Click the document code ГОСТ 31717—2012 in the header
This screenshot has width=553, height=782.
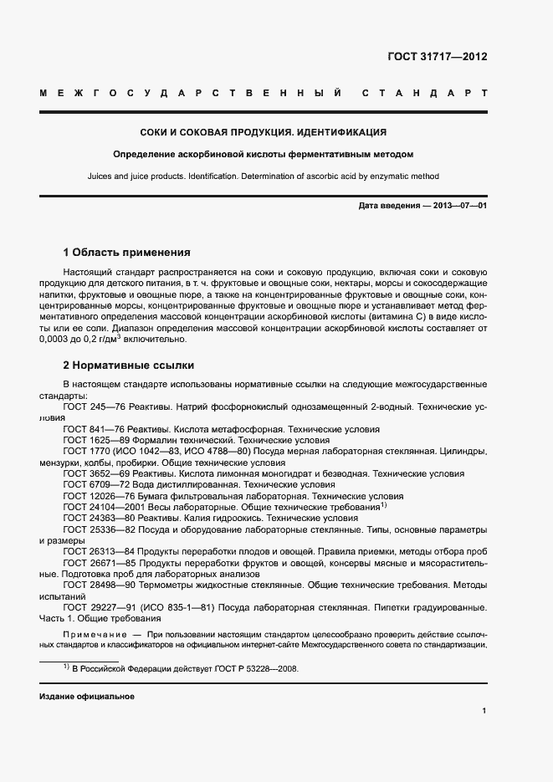pyautogui.click(x=437, y=57)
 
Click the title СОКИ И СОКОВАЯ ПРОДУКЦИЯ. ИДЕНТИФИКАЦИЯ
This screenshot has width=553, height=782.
pyautogui.click(x=263, y=132)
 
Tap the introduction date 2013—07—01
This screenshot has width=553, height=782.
pyautogui.click(x=457, y=206)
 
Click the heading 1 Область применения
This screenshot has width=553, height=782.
pyautogui.click(x=127, y=252)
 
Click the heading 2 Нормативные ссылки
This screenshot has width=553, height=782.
pyautogui.click(x=128, y=365)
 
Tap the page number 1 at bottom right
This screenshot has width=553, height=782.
pyautogui.click(x=484, y=711)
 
